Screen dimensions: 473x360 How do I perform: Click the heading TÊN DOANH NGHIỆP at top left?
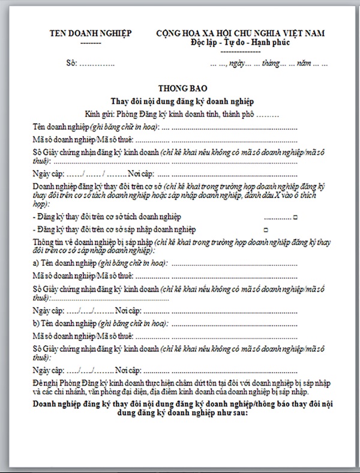(x=90, y=34)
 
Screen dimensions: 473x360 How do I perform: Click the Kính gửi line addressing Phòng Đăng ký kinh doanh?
(x=182, y=113)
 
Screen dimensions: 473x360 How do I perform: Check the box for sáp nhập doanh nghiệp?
(x=265, y=230)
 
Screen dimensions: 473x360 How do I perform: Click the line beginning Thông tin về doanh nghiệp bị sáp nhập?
(x=92, y=241)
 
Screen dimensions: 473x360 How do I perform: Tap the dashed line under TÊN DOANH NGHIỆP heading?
(x=90, y=43)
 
